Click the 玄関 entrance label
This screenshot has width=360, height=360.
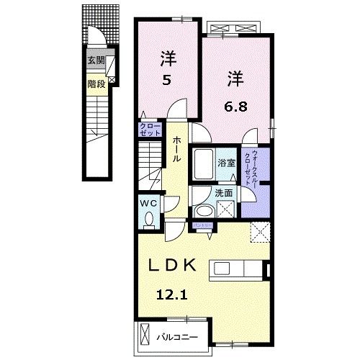coord(95,61)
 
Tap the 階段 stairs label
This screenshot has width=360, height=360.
coord(96,83)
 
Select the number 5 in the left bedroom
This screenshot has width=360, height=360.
coord(166,80)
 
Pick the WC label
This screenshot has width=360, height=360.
coord(148,203)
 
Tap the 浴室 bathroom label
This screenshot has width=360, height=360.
coord(226,163)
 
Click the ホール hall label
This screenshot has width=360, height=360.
coord(175,150)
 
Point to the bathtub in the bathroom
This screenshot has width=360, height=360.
coord(204,163)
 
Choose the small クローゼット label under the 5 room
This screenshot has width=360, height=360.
coord(150,130)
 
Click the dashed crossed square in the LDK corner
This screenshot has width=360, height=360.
coord(259,232)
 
